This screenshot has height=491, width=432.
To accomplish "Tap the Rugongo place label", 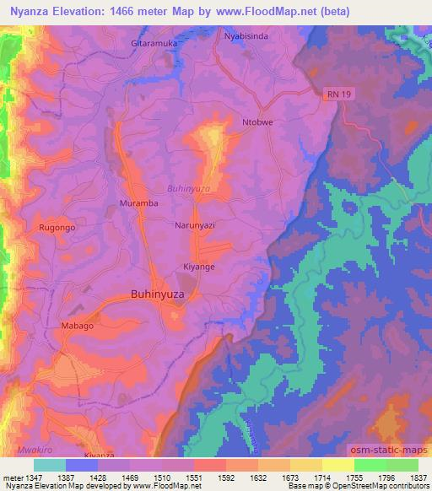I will tap(57, 228).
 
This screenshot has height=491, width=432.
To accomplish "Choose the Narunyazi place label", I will tap(197, 227).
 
